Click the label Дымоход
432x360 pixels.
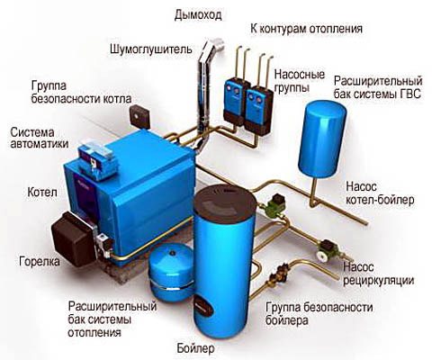click(198, 15)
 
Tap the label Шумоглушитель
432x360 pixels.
click(151, 49)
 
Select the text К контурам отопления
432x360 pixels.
click(306, 30)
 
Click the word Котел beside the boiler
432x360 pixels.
click(42, 192)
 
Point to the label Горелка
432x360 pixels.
click(40, 261)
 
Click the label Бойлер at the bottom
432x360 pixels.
click(195, 348)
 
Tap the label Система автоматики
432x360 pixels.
click(40, 138)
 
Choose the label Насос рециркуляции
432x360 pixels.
click(379, 274)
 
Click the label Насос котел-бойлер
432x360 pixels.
click(380, 193)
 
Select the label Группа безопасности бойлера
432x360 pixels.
click(319, 314)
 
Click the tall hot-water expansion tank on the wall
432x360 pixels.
click(322, 138)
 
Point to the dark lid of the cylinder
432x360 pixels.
click(225, 200)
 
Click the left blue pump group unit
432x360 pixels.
click(237, 101)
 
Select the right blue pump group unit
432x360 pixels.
click(258, 109)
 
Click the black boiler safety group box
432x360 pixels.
click(139, 116)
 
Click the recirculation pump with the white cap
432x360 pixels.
click(327, 250)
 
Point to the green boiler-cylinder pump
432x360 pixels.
click(274, 204)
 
